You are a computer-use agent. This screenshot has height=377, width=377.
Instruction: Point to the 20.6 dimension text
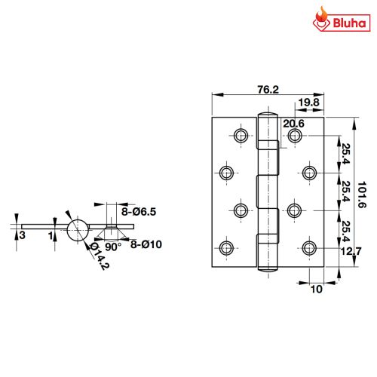coord(294,123)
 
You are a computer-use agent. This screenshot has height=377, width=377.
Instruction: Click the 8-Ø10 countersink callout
coord(145,244)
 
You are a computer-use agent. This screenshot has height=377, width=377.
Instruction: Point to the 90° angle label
coord(112,247)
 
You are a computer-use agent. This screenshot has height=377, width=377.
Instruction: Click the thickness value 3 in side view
coord(23,236)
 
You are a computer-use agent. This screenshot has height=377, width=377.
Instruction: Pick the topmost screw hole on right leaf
coord(294,136)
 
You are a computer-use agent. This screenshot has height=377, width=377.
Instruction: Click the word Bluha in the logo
coord(349,23)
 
